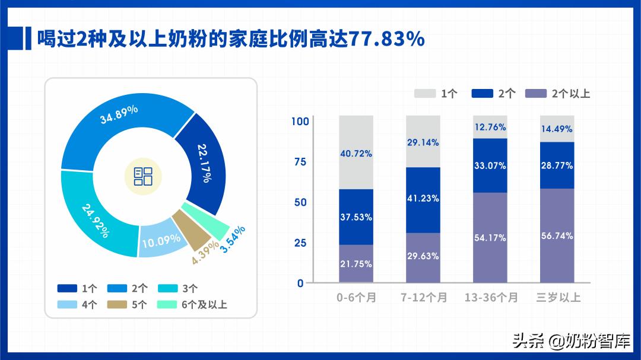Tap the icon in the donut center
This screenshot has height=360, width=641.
coord(143,176)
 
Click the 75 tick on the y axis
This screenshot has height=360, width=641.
coord(300,162)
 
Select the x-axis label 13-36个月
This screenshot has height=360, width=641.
coord(491,297)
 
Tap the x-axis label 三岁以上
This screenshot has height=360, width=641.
coord(558,297)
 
